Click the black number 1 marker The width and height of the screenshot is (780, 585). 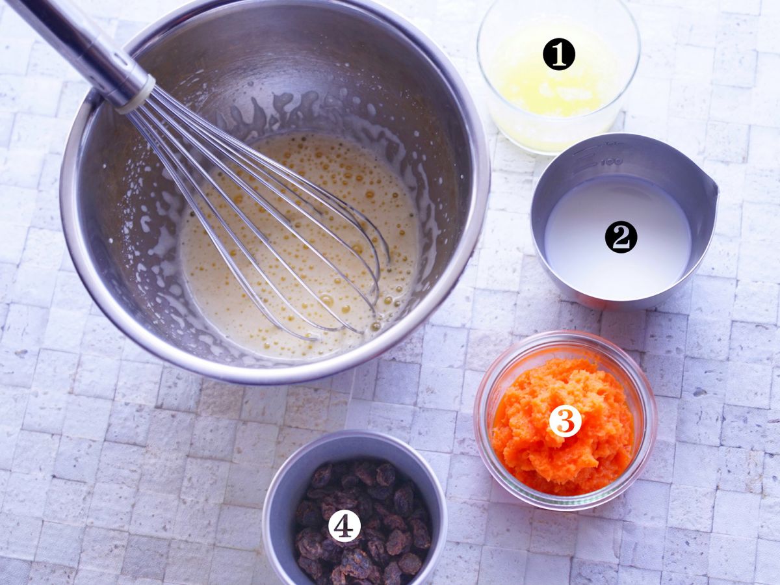558,54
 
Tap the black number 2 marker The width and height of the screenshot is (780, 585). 621,237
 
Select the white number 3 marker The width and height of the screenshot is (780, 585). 565,421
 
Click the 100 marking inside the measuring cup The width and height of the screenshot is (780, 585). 612,161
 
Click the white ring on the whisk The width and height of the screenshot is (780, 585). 136,96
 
